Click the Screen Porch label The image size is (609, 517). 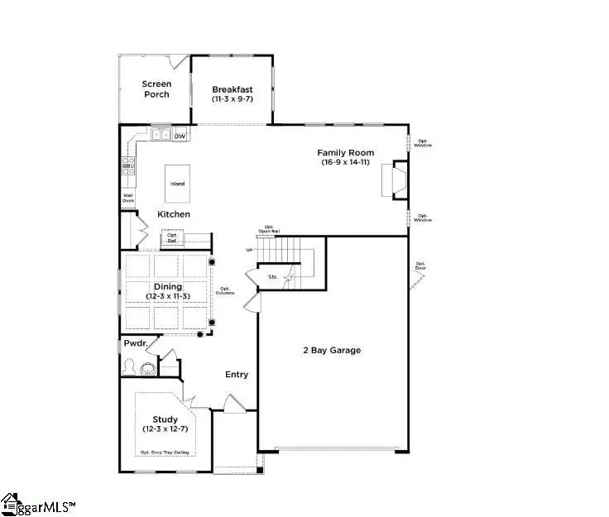(x=156, y=89)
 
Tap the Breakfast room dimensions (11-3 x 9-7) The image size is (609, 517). (x=232, y=99)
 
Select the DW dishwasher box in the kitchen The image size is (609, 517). (x=180, y=136)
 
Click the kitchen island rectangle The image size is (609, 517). (x=177, y=184)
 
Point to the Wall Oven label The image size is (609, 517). (x=128, y=198)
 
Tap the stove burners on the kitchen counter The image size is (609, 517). (x=128, y=166)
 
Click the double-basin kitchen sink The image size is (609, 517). (x=161, y=135)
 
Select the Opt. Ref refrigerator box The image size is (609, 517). (x=172, y=238)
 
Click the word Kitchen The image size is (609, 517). (x=174, y=214)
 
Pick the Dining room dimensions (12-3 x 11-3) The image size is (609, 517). (x=167, y=295)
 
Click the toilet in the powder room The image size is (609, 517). (x=130, y=366)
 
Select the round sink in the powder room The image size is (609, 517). (x=148, y=368)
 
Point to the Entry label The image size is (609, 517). (x=237, y=375)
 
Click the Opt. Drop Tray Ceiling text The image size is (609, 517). (x=165, y=451)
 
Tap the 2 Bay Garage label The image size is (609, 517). (x=333, y=350)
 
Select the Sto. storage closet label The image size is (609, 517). (x=273, y=277)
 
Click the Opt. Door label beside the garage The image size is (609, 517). (x=424, y=266)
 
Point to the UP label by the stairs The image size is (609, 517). (x=249, y=250)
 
